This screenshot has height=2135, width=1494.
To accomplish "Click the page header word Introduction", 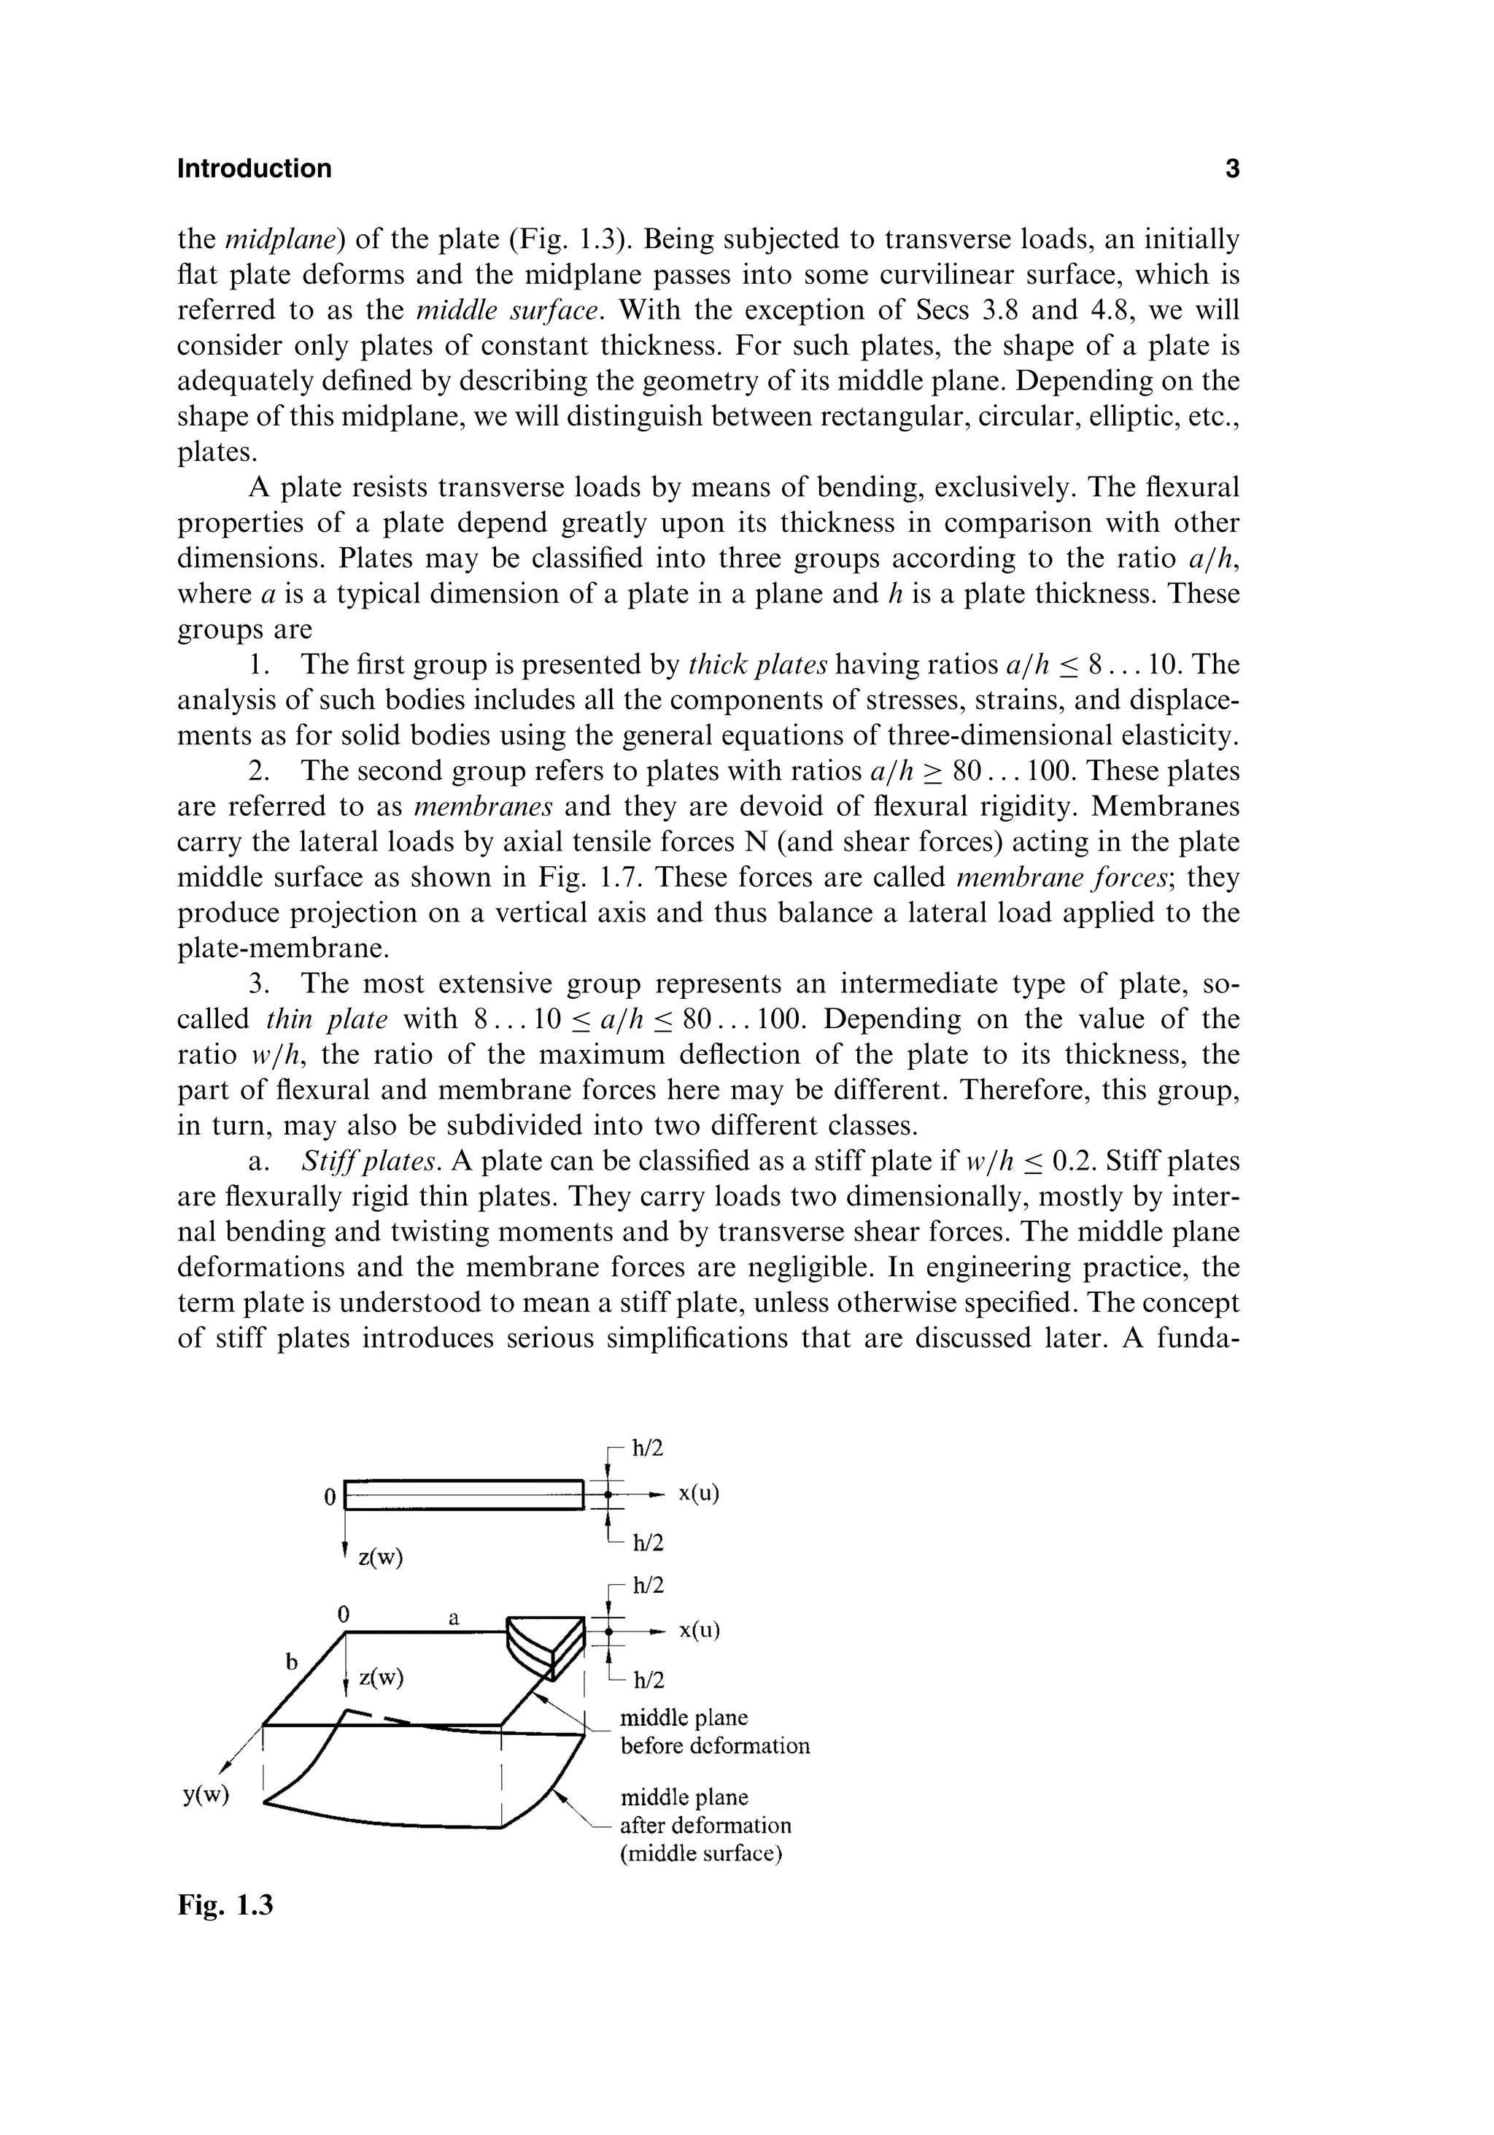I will [x=254, y=169].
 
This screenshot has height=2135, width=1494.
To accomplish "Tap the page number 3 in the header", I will [x=1232, y=169].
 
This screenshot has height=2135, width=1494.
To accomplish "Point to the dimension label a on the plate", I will [x=454, y=1617].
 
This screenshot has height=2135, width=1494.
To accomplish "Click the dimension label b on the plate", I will [x=291, y=1661].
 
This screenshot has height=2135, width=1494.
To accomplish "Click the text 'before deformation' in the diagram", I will [x=715, y=1745].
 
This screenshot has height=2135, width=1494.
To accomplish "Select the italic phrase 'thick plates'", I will [x=758, y=665].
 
